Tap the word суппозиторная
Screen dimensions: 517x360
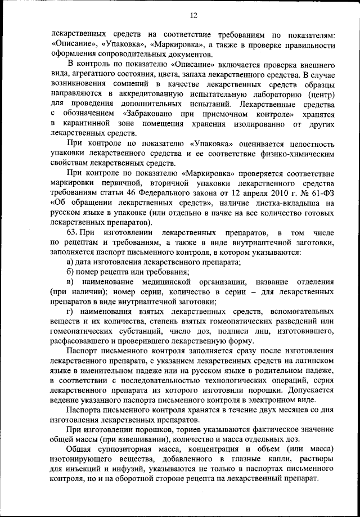[x=130, y=449]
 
